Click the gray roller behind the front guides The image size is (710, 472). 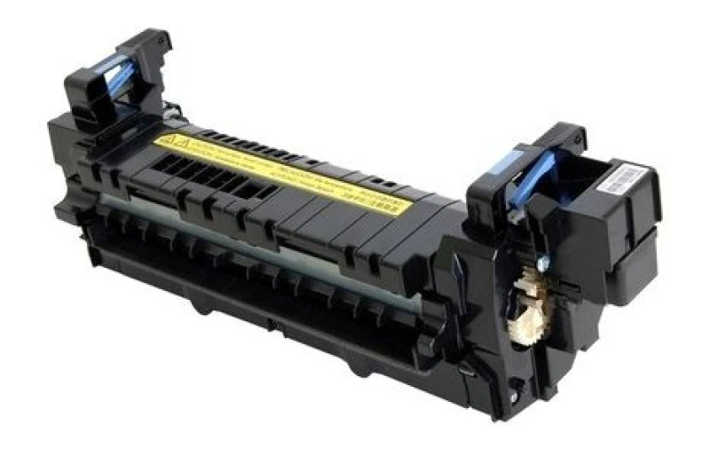tap(266, 248)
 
